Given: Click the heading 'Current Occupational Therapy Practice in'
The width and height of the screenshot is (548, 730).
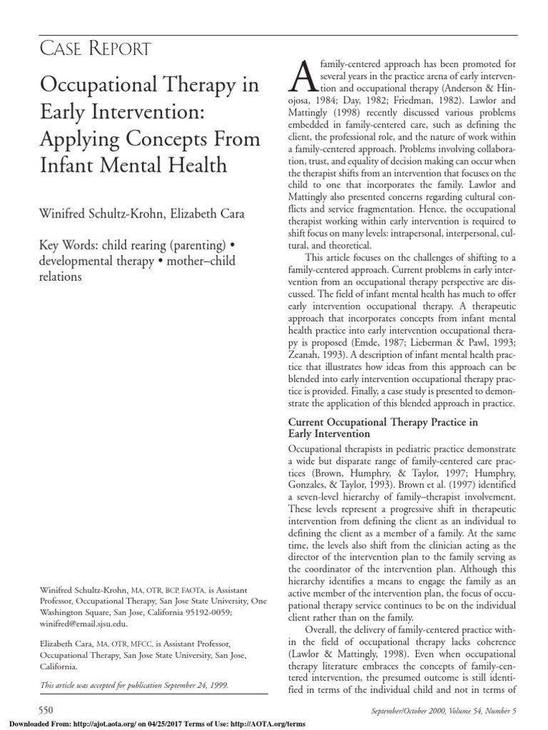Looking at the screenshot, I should pos(382,423).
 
